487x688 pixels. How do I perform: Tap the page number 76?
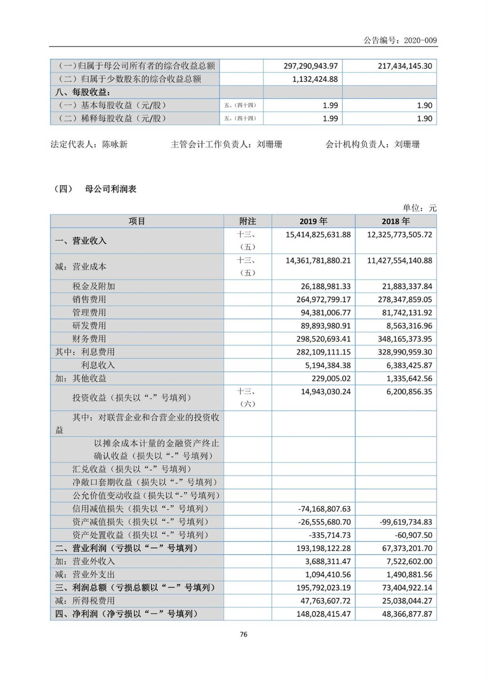(x=243, y=634)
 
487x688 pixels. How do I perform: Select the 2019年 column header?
(x=313, y=221)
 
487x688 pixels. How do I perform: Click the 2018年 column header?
(x=395, y=221)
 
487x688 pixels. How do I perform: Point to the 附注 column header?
(x=247, y=221)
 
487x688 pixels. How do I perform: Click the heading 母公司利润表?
(x=110, y=189)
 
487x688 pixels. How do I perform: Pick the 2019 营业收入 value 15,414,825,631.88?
(x=318, y=235)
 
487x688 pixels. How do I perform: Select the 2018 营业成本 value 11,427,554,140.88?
(x=399, y=261)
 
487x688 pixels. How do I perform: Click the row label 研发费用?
(x=89, y=326)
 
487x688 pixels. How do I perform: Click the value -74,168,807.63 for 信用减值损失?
(x=324, y=509)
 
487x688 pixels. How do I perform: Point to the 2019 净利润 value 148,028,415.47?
(x=323, y=614)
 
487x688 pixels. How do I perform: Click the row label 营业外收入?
(x=93, y=562)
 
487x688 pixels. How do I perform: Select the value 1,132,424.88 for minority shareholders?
(x=315, y=79)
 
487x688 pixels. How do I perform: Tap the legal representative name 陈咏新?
(x=115, y=144)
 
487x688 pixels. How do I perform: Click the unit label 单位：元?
(x=419, y=208)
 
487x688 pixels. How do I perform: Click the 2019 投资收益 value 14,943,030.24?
(x=325, y=392)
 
